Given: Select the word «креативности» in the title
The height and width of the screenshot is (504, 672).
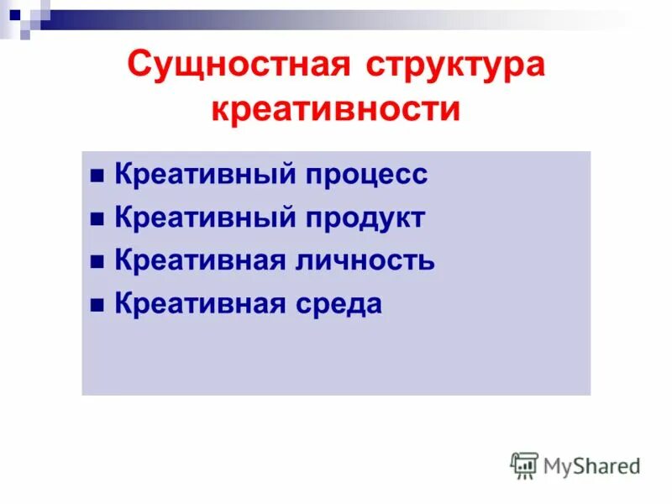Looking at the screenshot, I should (x=336, y=110).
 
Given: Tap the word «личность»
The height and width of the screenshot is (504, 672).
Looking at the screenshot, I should (x=365, y=260).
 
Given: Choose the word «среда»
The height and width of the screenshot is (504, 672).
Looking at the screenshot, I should (x=338, y=303).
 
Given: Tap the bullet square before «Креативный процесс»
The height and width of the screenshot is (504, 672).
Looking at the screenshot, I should (x=97, y=176).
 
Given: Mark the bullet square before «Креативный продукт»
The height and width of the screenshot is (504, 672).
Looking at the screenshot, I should (x=97, y=219).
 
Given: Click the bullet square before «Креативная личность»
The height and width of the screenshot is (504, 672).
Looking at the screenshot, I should (x=97, y=262).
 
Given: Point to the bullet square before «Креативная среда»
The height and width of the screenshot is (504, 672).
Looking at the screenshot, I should (x=97, y=305).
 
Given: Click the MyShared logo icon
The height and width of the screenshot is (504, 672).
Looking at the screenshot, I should (x=524, y=465).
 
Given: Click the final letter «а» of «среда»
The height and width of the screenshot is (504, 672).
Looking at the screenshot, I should (x=373, y=304).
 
